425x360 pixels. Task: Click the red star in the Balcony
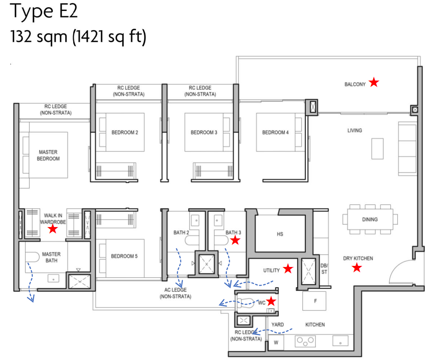[x=373, y=82]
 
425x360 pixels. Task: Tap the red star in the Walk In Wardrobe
[x=53, y=229]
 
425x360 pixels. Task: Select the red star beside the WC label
[x=271, y=301]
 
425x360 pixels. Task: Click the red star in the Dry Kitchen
[x=357, y=268]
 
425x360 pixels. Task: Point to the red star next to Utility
[x=288, y=269]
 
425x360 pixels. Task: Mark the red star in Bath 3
[x=235, y=240]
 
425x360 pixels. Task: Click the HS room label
[x=280, y=234]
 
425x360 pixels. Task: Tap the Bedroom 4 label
[x=275, y=132]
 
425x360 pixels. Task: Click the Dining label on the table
[x=370, y=219]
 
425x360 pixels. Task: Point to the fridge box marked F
[x=314, y=301]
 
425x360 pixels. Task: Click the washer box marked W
[x=276, y=343]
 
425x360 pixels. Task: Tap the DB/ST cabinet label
[x=324, y=269]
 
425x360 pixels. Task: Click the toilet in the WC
[x=246, y=302]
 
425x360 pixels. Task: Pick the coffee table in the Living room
[x=377, y=148]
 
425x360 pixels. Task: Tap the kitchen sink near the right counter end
[x=340, y=341]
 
